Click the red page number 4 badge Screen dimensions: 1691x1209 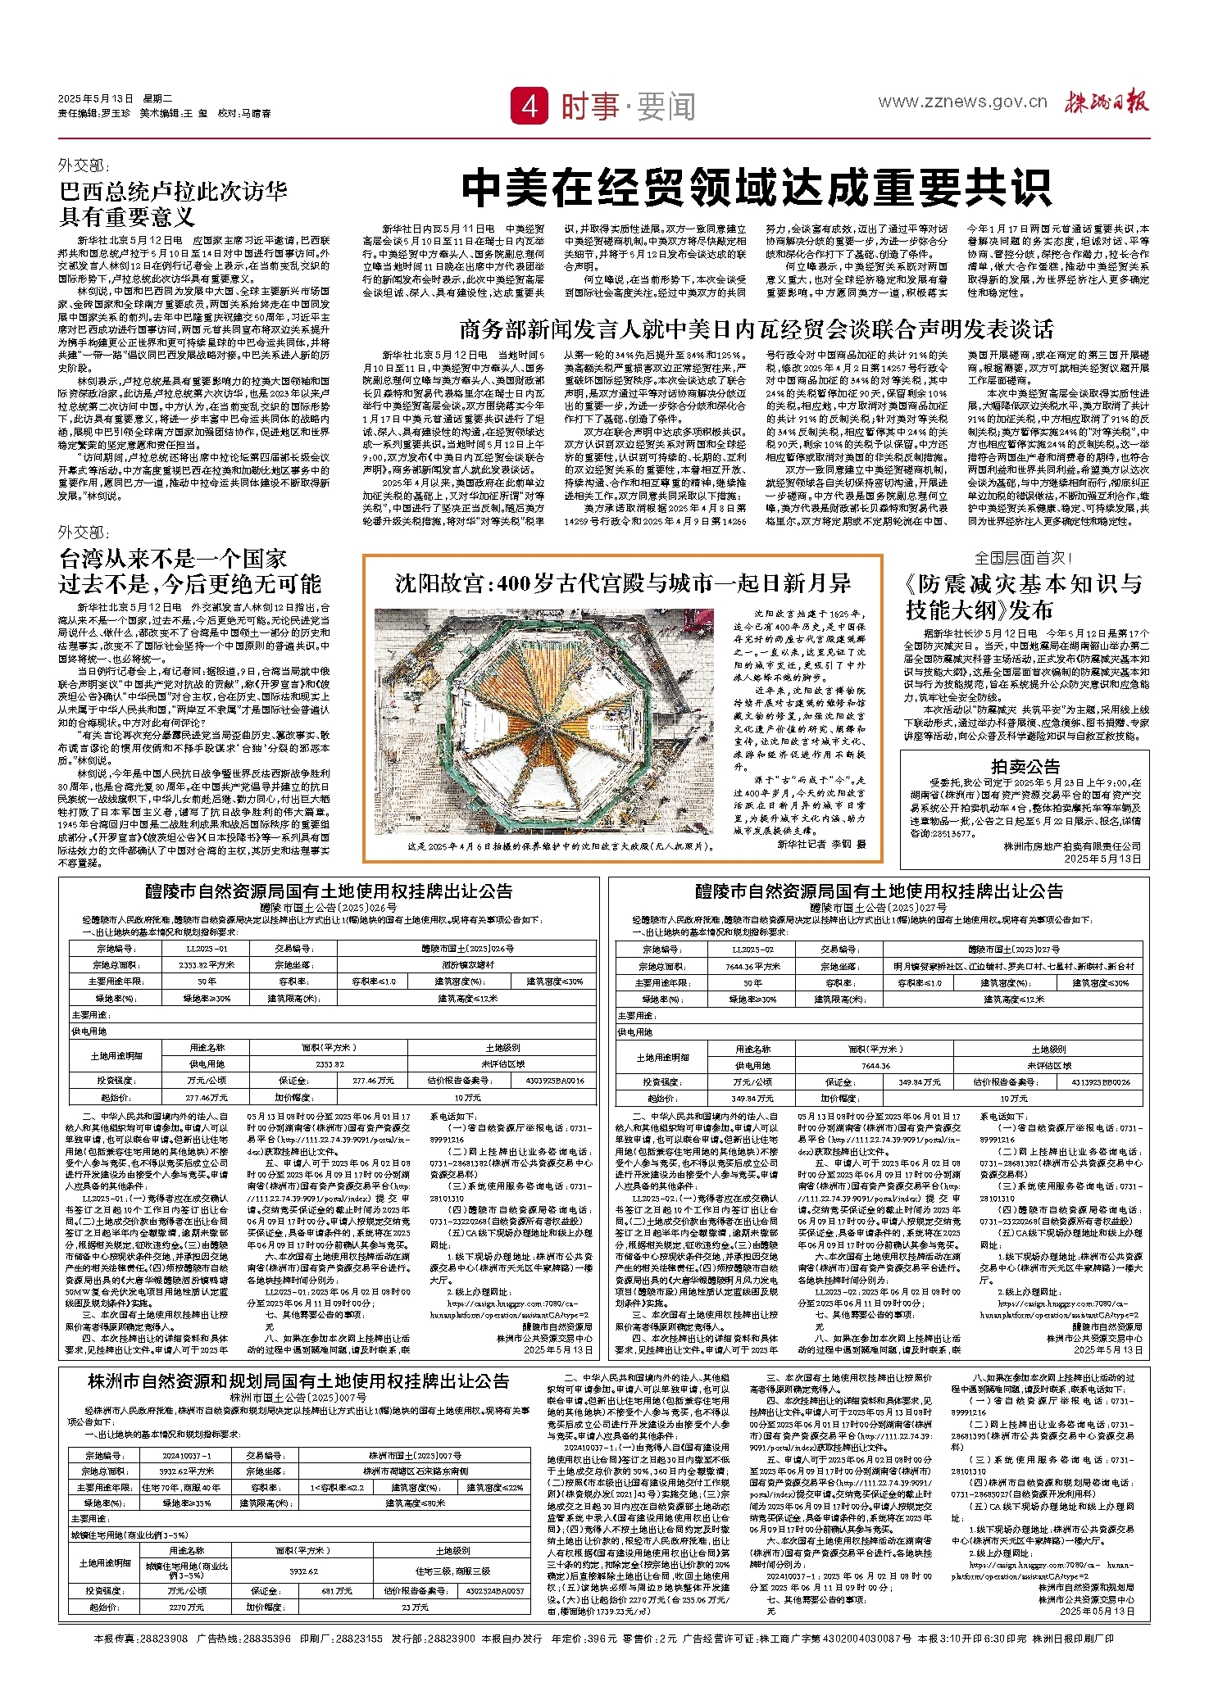pos(530,106)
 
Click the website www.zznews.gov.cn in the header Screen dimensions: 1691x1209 pos(962,102)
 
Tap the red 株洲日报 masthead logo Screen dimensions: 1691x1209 pos(1107,102)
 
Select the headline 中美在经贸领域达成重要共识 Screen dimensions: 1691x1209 pos(756,188)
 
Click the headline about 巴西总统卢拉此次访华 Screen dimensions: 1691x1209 pos(174,203)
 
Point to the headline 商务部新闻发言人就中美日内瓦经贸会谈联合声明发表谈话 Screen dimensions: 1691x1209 pos(756,329)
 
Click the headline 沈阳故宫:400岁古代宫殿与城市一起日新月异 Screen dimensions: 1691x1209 pos(623,583)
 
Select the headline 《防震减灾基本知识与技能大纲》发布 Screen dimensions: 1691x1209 pos(1024,596)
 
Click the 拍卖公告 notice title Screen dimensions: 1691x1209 pos(1025,766)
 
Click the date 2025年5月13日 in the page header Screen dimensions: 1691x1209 pos(95,99)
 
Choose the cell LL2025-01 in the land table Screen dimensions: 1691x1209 pos(207,949)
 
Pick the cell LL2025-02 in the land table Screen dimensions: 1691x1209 pos(752,949)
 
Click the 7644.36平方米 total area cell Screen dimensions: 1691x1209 pos(752,966)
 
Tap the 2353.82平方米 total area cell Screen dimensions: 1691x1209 pos(207,965)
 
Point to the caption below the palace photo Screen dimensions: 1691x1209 pos(561,845)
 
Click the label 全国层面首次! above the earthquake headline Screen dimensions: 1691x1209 pos(1023,558)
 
